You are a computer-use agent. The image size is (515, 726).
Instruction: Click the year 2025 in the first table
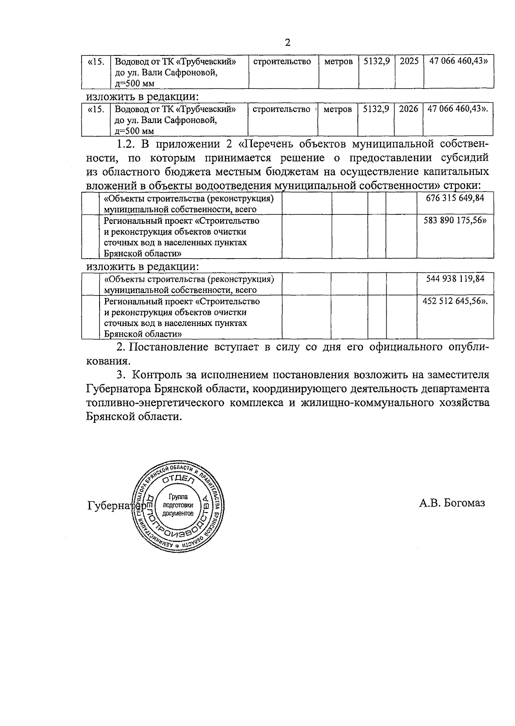point(409,61)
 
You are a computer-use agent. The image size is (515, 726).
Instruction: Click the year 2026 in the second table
point(408,109)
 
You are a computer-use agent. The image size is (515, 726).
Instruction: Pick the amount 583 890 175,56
point(456,221)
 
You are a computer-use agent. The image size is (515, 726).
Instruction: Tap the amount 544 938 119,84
point(455,278)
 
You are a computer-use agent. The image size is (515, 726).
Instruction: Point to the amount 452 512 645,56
point(455,301)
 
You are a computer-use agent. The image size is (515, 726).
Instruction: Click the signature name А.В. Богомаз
point(452,503)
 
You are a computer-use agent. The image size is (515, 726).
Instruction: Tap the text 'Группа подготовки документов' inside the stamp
point(175,505)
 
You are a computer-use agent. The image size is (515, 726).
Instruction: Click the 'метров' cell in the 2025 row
point(338,62)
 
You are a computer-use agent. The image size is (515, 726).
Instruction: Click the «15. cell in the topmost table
point(96,62)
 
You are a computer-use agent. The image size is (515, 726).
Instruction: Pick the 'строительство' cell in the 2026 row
point(281,110)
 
